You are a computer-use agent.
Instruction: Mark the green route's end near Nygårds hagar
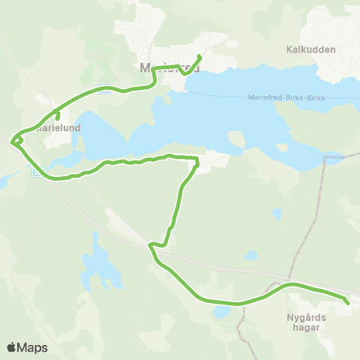pos(348,302)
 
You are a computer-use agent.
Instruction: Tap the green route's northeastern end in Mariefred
pos(199,56)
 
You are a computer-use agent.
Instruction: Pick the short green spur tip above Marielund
pos(58,118)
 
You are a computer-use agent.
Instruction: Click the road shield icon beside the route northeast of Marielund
pos(106,91)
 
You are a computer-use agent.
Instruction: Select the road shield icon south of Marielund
pos(37,173)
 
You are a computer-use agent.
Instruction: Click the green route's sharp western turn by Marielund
pos(12,141)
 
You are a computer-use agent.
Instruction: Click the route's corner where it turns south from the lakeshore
pos(196,160)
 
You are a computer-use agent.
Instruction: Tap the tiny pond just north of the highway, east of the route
pos(251,256)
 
